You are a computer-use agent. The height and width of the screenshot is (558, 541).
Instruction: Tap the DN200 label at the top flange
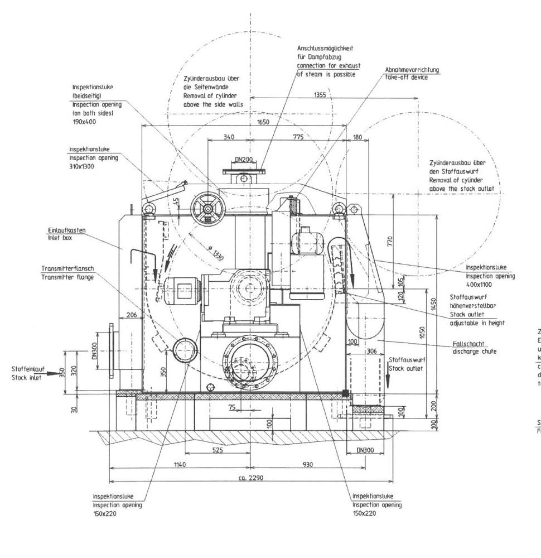[243, 160]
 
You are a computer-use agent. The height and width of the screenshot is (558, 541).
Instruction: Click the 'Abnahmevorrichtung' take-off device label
[412, 70]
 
